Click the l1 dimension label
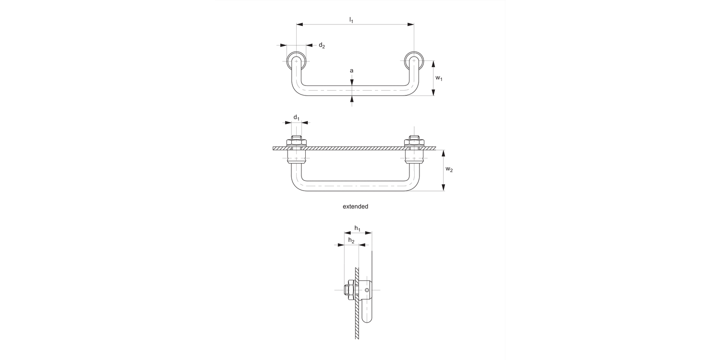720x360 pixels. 351,20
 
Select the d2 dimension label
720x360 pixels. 322,46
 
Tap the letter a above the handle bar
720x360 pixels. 351,71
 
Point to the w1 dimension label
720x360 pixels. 439,78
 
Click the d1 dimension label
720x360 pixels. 297,118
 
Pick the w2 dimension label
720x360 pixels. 449,169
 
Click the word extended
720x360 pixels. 355,206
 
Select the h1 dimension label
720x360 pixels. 358,228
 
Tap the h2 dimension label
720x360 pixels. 351,240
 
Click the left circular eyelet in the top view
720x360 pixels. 296,61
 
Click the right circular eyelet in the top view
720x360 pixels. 414,61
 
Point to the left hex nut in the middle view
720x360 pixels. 297,142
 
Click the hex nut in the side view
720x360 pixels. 348,290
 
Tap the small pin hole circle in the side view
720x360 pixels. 367,290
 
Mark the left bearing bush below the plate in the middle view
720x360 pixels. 297,158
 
